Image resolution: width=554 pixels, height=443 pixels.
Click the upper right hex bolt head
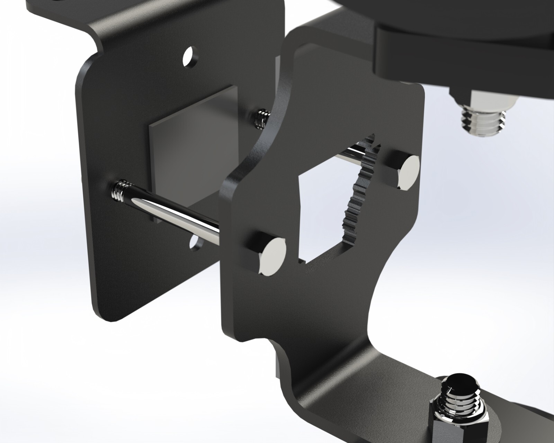pos(408,172)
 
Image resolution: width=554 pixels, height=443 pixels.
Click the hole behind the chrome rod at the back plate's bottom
pos(197,242)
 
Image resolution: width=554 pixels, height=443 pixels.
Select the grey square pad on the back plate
pos(194,145)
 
